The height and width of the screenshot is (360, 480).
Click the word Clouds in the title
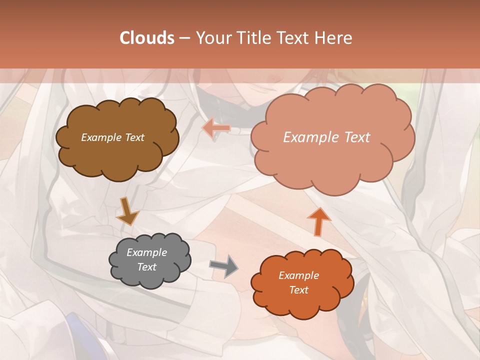click(147, 38)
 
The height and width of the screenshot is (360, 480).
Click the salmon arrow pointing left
click(216, 128)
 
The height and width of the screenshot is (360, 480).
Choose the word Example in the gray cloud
click(147, 252)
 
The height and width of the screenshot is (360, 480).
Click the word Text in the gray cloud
click(147, 267)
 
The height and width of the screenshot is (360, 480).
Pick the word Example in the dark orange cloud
click(298, 275)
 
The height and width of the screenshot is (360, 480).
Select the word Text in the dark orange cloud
click(298, 290)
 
